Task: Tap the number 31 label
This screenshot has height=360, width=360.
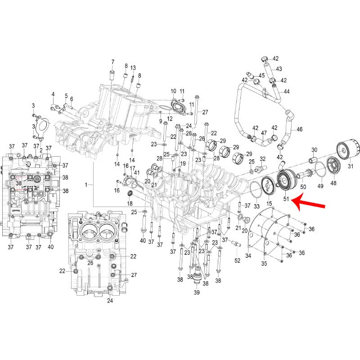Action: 350,166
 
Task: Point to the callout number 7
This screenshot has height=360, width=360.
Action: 112,62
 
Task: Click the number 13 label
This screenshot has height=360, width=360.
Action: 133,67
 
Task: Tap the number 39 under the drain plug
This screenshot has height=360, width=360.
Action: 197,292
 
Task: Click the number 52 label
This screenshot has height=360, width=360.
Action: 237,260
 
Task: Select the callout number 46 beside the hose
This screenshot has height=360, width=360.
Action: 300,129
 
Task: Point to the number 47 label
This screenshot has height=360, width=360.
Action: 264,133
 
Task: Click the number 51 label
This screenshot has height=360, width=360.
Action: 286,198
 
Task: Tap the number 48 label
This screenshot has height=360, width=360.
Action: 333,183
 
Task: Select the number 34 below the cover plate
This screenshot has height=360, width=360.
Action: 248,256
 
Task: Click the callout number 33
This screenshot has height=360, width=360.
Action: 257,206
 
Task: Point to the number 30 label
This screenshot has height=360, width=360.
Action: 315,150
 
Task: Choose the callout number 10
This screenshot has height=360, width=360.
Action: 173,91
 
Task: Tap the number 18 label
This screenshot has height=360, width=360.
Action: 130,204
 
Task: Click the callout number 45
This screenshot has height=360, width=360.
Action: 261,75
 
